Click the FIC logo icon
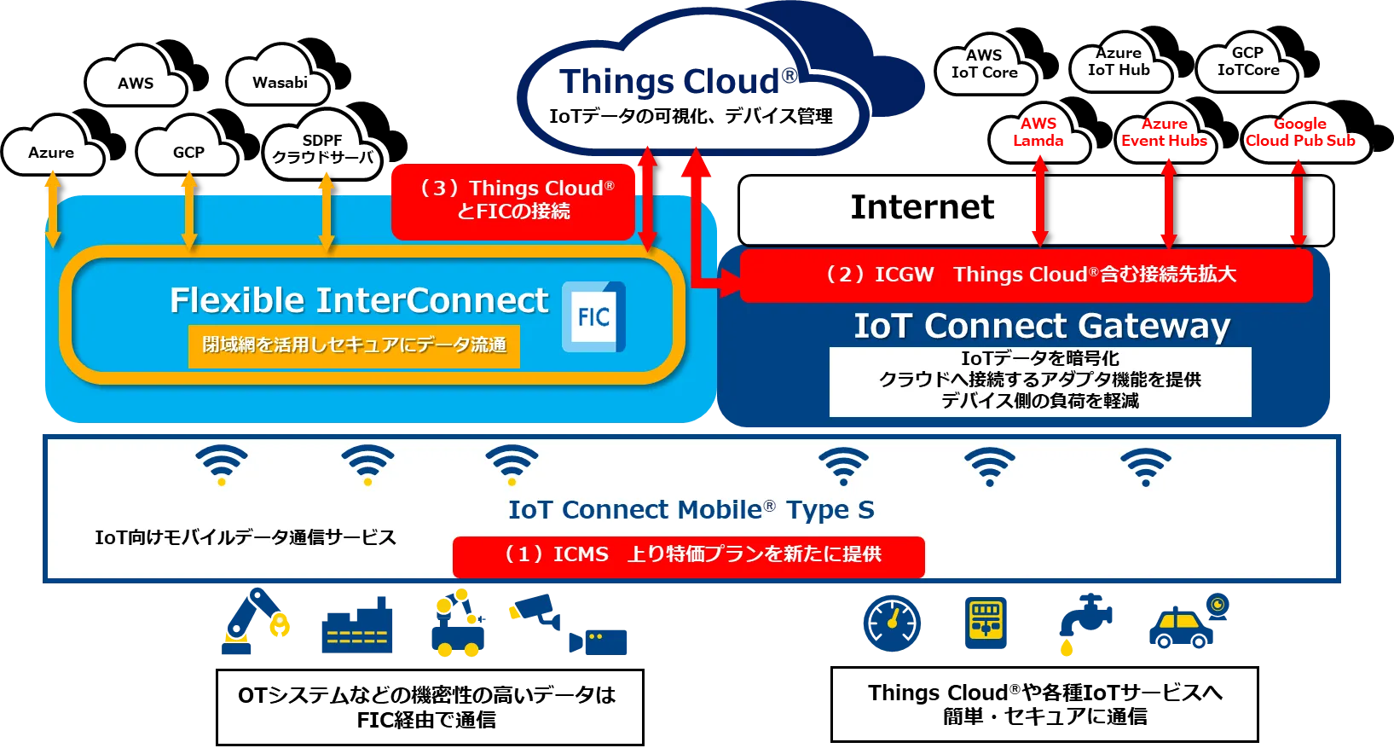pyautogui.click(x=593, y=317)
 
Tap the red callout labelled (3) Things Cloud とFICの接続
pyautogui.click(x=513, y=200)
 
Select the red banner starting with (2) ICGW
pyautogui.click(x=1026, y=275)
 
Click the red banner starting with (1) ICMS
pyautogui.click(x=689, y=555)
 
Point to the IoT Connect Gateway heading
pyautogui.click(x=1042, y=326)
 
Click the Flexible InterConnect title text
pyautogui.click(x=359, y=300)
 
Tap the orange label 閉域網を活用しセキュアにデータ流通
pyautogui.click(x=354, y=345)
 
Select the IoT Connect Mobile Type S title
pyautogui.click(x=691, y=510)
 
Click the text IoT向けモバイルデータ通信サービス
pyautogui.click(x=246, y=537)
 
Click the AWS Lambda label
pyautogui.click(x=1038, y=132)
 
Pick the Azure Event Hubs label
pyautogui.click(x=1164, y=132)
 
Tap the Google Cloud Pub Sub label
pyautogui.click(x=1300, y=132)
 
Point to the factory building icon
pyautogui.click(x=357, y=628)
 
